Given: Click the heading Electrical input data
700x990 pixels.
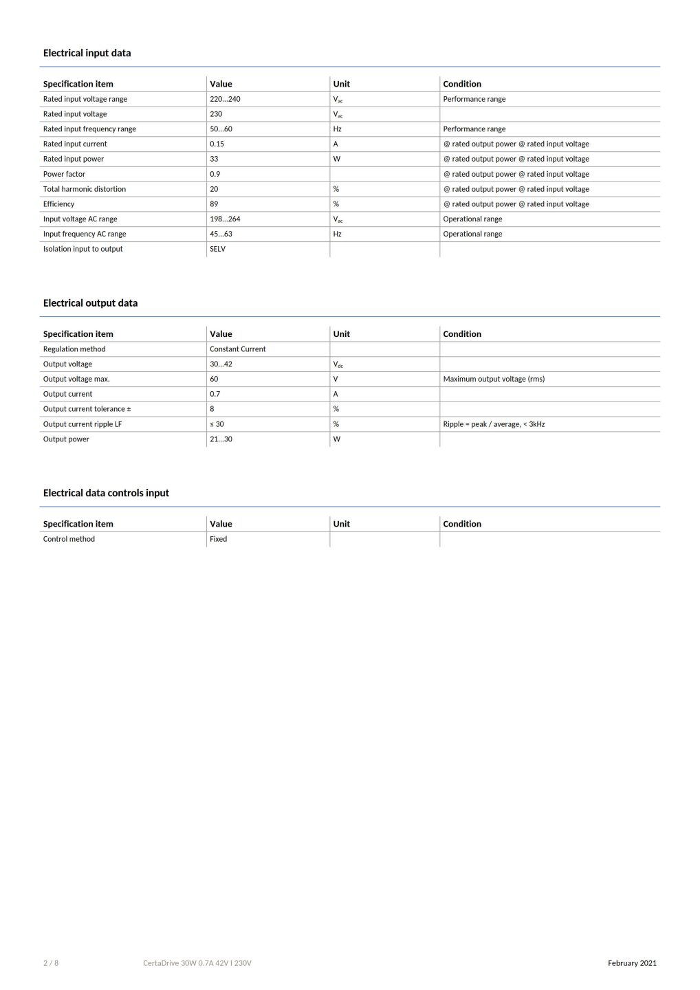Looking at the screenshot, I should tap(87, 53).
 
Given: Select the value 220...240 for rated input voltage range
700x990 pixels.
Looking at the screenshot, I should tap(225, 99).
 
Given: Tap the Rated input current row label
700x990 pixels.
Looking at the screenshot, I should tap(75, 144).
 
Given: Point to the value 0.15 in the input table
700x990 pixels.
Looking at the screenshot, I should tap(217, 144).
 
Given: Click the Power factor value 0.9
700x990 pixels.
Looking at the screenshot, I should tap(215, 174).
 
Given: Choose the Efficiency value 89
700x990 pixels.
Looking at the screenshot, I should tap(214, 204).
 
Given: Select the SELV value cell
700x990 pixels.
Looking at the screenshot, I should tap(217, 249).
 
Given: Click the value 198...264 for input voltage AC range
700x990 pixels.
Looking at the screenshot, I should tap(225, 219).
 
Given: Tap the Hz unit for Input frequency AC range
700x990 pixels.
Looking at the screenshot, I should tap(337, 234).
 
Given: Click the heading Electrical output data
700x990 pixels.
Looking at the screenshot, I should tap(90, 303).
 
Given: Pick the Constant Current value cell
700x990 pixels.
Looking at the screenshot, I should tap(237, 349).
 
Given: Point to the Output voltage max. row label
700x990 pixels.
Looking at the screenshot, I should tap(76, 379).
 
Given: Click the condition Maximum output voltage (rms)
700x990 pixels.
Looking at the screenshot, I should tap(494, 379).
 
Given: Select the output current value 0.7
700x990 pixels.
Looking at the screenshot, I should tap(215, 394).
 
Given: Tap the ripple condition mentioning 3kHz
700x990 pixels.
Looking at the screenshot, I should tap(494, 424).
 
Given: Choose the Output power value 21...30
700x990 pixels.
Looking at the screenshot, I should tap(221, 439).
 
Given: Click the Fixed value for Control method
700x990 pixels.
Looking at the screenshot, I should tap(218, 539).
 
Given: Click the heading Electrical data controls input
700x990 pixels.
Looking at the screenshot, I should tap(106, 493).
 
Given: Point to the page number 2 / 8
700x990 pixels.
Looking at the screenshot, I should tap(51, 963).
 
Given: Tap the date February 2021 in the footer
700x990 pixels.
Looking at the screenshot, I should tap(632, 963).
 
